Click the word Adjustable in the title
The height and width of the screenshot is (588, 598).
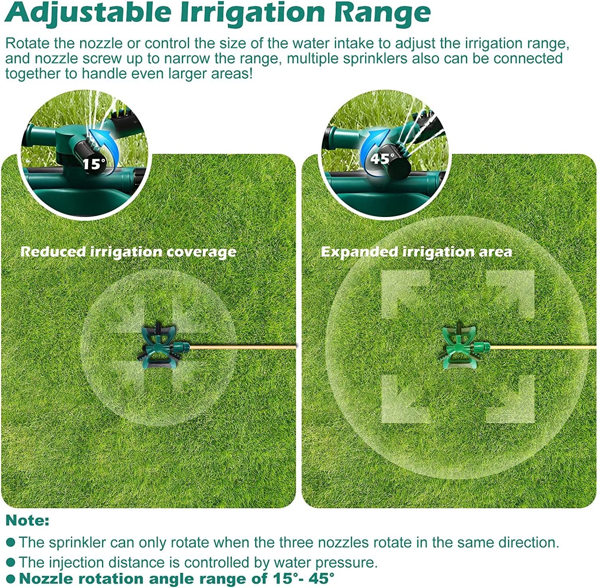(89, 13)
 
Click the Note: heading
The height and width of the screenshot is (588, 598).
(28, 521)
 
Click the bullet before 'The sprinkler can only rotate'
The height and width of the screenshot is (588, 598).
(11, 542)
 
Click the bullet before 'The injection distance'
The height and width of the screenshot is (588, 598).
(11, 562)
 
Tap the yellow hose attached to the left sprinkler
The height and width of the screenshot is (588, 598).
(243, 347)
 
